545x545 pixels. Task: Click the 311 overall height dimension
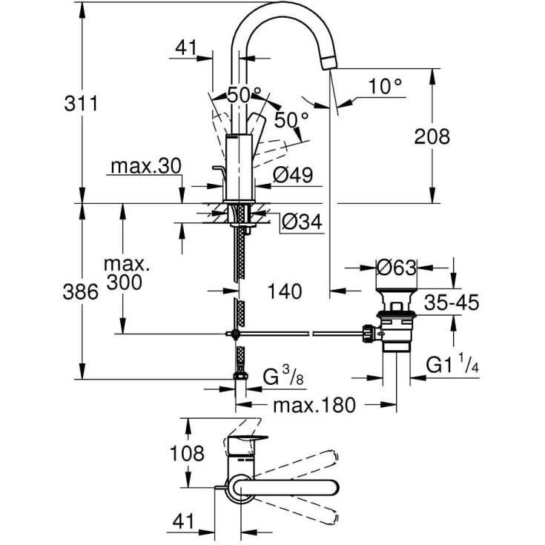tap(81, 104)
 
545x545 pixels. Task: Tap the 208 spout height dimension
tap(432, 136)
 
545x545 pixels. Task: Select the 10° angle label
tap(385, 86)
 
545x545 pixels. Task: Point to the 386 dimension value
tap(80, 291)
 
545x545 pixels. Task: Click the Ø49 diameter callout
tap(293, 174)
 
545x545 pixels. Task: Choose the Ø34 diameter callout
tap(302, 222)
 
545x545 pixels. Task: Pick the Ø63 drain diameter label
tap(397, 268)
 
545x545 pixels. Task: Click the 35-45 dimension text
tap(452, 303)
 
